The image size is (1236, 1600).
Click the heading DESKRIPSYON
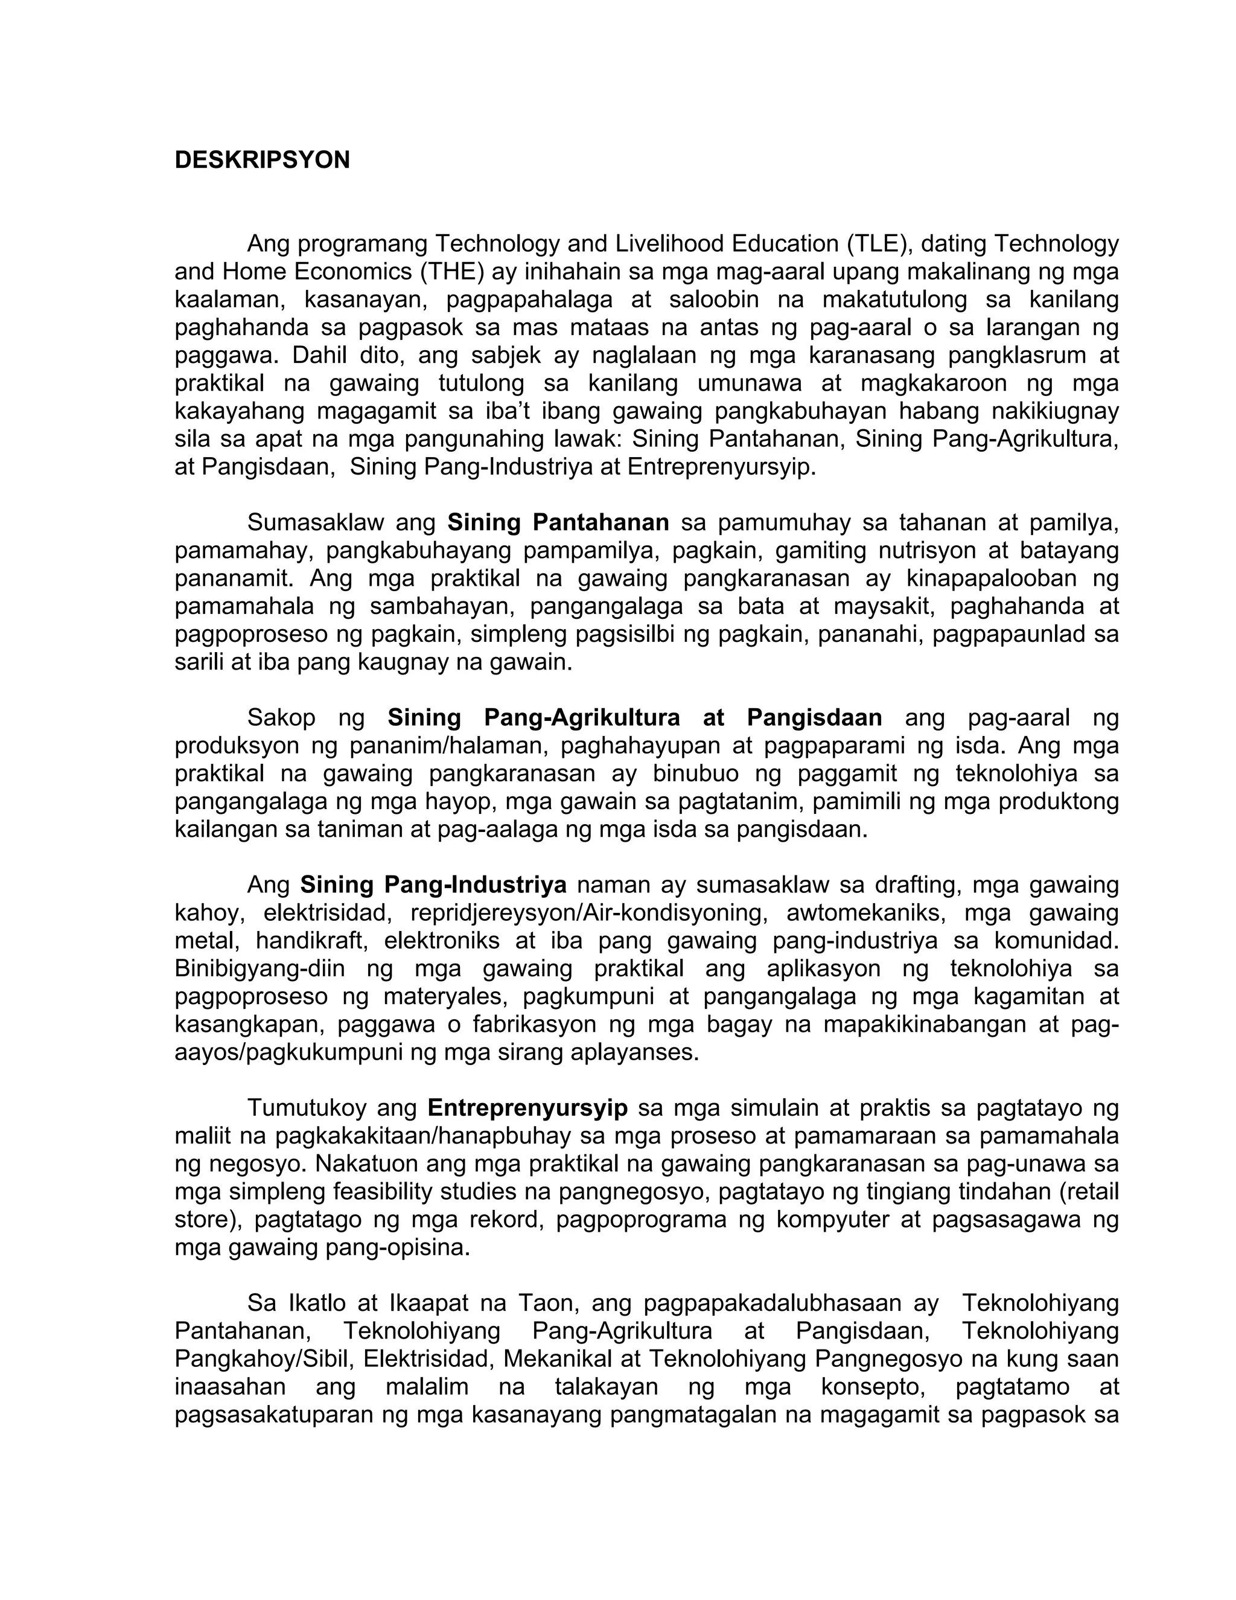[261, 160]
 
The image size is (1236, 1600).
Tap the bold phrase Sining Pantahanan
[558, 522]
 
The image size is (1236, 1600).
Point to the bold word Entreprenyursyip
[527, 1108]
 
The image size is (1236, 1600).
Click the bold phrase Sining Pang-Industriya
[433, 885]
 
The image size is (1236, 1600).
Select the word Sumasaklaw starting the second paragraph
[316, 522]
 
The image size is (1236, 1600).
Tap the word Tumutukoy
[307, 1108]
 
